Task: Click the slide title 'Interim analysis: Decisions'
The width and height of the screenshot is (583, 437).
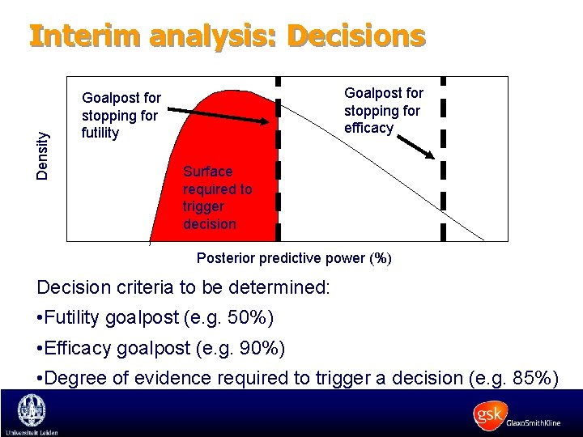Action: (227, 36)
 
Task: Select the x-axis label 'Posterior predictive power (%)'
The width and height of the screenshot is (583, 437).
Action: (295, 259)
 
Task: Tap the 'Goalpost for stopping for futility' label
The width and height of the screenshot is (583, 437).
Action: (121, 116)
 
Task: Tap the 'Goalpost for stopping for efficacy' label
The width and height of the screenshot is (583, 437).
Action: (383, 110)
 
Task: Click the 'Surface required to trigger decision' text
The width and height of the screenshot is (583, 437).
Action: (217, 197)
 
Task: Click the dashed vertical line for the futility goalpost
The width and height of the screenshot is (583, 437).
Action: (279, 186)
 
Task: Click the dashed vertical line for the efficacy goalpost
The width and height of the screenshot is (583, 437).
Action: (443, 186)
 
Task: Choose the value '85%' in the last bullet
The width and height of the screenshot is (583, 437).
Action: (527, 377)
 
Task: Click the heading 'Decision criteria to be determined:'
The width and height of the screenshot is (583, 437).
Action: (183, 288)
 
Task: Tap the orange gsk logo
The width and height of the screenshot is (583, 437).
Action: (488, 415)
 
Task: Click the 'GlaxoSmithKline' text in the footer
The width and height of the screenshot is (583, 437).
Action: (534, 423)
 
